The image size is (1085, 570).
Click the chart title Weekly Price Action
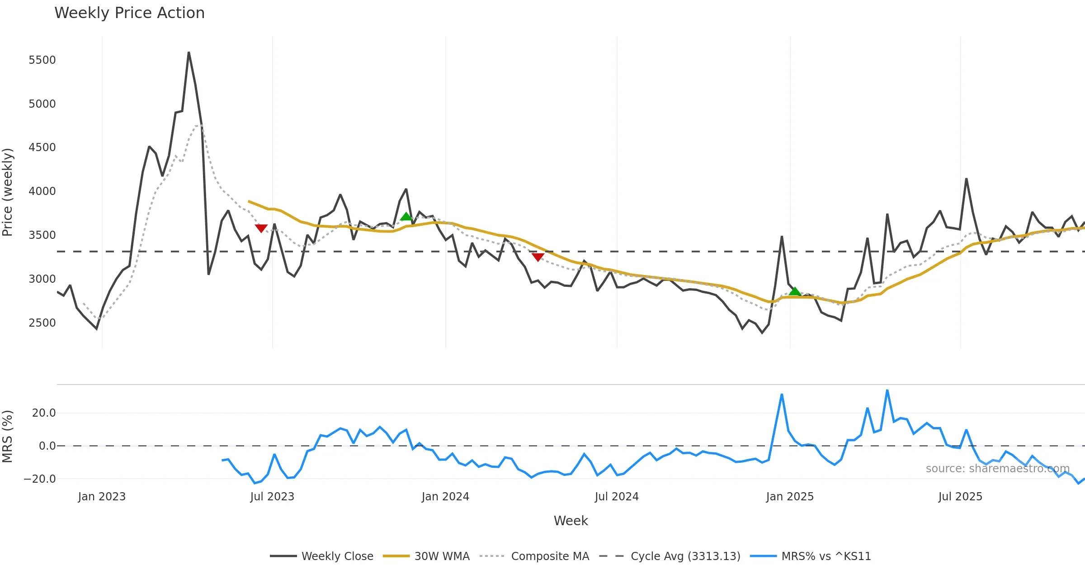[129, 13]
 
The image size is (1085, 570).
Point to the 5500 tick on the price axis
[42, 60]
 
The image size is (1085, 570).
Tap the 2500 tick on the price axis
[42, 323]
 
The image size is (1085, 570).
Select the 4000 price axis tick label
[42, 191]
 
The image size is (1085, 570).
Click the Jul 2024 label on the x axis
[617, 497]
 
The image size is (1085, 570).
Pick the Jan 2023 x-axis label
[102, 497]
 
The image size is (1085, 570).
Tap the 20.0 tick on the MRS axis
[44, 413]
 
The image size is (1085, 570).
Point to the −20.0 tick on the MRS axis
[40, 479]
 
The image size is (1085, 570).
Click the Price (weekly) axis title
[8, 192]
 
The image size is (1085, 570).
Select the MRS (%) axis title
[8, 437]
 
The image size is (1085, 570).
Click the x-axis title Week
[571, 521]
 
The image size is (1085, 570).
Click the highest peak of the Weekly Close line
[189, 53]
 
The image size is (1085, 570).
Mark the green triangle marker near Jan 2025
[795, 291]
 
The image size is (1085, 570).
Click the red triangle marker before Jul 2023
[261, 228]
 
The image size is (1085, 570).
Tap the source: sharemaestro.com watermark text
[997, 469]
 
